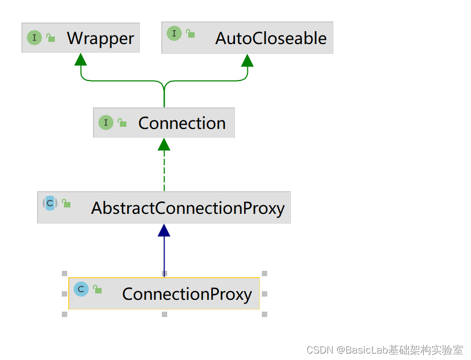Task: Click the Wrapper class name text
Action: (x=101, y=39)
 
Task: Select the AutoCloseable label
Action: (x=271, y=39)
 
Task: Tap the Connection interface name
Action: (x=182, y=123)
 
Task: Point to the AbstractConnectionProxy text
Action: (x=188, y=208)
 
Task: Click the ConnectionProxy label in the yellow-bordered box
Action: (x=187, y=294)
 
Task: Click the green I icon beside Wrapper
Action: (x=34, y=38)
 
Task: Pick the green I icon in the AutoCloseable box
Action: (x=174, y=33)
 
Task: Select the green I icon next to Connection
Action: (x=106, y=123)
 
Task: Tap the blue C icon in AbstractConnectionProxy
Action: (x=50, y=203)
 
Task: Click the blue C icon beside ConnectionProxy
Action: (x=81, y=289)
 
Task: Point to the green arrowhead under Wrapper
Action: (x=81, y=60)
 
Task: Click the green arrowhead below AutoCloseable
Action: (x=247, y=60)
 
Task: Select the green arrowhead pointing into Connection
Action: (x=164, y=144)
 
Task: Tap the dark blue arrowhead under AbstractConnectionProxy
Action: (x=164, y=230)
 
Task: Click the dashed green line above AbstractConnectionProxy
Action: (x=164, y=171)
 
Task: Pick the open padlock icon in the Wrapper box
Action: (x=51, y=38)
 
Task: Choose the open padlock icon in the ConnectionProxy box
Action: (x=97, y=289)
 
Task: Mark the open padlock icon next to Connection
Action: (x=122, y=123)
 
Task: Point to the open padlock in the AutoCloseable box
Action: (x=190, y=33)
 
